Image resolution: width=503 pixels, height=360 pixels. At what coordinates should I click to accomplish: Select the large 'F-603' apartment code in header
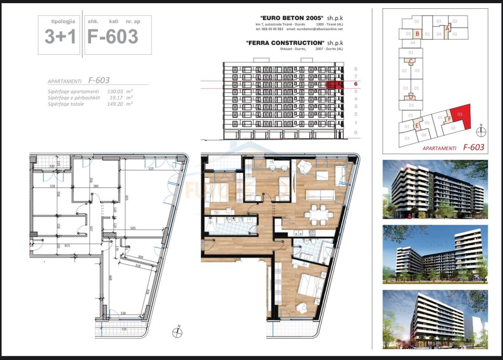[x=113, y=37]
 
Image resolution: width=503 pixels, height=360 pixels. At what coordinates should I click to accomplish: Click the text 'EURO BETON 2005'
[x=292, y=18]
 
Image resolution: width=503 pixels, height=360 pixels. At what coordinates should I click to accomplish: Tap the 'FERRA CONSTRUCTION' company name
[x=285, y=43]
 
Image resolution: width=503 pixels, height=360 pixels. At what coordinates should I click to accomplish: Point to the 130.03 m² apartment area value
[x=116, y=91]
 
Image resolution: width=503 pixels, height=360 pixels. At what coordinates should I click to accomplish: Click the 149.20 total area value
[x=116, y=104]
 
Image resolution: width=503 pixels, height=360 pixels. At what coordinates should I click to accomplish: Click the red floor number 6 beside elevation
[x=355, y=84]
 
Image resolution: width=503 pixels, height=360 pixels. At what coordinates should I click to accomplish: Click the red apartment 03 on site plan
[x=460, y=115]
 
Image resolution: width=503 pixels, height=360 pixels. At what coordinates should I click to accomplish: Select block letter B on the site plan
[x=417, y=34]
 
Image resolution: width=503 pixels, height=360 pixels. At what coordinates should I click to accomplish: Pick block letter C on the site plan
[x=410, y=61]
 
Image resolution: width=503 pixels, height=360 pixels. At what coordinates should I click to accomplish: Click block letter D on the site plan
[x=410, y=97]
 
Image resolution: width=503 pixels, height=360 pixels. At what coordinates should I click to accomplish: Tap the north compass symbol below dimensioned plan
[x=177, y=332]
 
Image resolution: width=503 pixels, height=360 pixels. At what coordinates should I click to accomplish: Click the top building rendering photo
[x=435, y=189]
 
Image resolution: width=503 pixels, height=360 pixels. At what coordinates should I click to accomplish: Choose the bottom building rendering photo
[x=435, y=319]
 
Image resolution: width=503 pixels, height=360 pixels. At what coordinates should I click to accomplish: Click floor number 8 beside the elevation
[x=356, y=68]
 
